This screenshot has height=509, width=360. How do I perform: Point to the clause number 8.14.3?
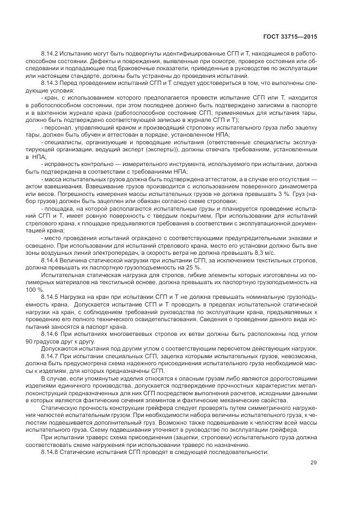(51, 83)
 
